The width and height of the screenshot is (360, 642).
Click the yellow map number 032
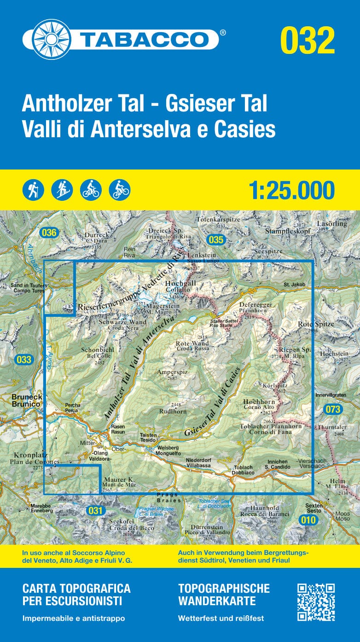(308, 40)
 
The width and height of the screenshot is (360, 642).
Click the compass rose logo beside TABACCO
(45, 39)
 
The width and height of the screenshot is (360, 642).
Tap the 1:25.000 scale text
(291, 190)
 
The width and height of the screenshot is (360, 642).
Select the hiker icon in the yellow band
(33, 189)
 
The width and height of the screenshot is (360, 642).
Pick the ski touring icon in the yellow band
(62, 189)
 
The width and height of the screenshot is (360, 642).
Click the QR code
(316, 602)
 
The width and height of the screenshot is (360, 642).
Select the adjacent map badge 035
(215, 239)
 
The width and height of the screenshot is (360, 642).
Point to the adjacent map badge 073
(332, 409)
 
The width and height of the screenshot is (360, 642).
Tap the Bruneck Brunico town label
(21, 400)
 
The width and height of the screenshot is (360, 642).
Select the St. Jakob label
(295, 285)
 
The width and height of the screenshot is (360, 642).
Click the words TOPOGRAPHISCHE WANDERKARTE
(224, 595)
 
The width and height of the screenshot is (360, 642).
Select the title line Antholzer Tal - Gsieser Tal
(145, 104)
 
